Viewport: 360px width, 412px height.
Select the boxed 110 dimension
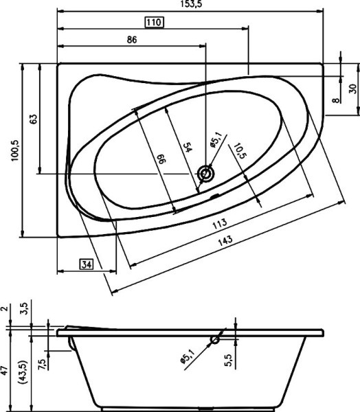[153, 23]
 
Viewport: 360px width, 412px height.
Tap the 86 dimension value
[132, 40]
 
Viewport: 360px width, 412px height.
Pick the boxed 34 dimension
[86, 264]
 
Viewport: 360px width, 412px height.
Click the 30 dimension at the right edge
[352, 89]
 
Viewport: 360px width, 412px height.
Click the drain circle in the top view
[205, 174]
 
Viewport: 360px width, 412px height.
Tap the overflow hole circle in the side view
[215, 339]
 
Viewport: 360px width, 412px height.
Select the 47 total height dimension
[5, 373]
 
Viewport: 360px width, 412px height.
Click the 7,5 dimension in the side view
[43, 362]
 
